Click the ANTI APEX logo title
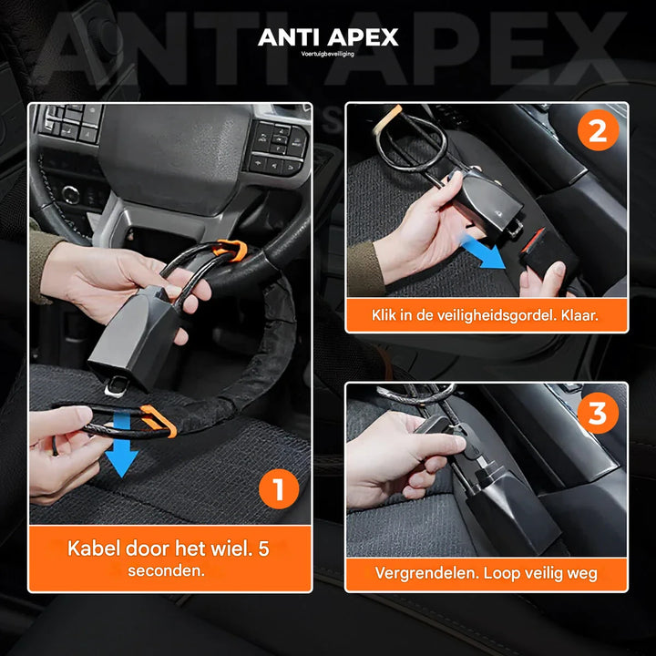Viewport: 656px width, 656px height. click(328, 37)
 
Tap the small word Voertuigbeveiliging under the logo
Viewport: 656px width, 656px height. click(328, 54)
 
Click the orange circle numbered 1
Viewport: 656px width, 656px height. click(278, 490)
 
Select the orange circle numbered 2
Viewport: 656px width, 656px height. click(597, 131)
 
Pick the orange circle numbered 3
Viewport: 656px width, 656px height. click(597, 413)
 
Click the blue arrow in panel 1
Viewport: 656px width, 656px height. click(119, 454)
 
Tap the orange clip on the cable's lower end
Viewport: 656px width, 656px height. click(157, 420)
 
